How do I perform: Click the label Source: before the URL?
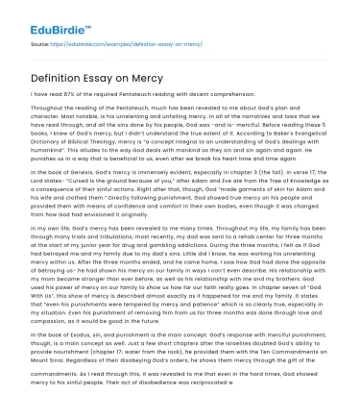click(x=40, y=45)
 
